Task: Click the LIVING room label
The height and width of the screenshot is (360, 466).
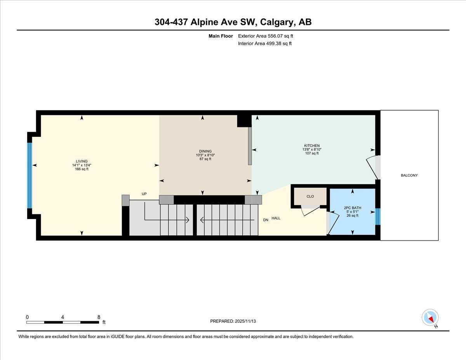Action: coord(82,161)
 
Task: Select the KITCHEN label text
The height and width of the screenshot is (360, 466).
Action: coord(311,146)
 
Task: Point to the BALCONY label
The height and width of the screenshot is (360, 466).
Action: coord(409,176)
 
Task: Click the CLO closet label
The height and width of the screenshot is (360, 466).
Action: coord(310,197)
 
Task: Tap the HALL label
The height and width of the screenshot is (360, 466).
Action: coord(276,218)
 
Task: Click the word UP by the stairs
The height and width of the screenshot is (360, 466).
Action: coord(144,194)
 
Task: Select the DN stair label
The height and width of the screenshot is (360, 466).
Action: coord(266,220)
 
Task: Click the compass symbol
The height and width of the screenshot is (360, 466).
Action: coord(430,317)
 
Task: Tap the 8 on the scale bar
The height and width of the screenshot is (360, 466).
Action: coord(99,317)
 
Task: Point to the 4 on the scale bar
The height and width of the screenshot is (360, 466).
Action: coord(63,317)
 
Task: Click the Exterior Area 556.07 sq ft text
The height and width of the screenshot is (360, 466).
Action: coord(265,36)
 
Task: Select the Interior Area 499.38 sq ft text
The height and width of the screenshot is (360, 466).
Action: coord(264,43)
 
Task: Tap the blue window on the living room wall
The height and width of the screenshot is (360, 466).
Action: coord(29,175)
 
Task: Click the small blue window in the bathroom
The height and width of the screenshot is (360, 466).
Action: coord(378,217)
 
